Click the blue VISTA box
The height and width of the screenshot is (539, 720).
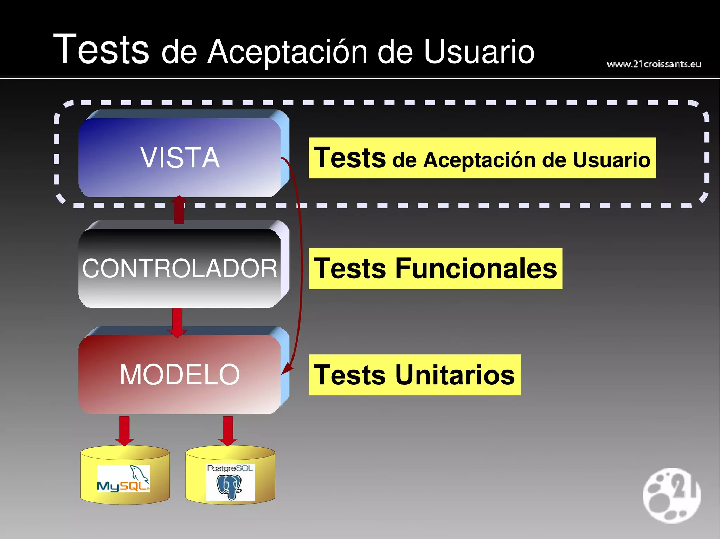[180, 157]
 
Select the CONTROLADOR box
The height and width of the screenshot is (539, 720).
[180, 268]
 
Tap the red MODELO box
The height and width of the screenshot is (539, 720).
[180, 374]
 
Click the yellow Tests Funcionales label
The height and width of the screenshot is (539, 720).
[435, 269]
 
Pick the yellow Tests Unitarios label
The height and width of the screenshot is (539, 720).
[414, 375]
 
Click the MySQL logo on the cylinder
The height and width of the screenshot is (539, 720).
[123, 478]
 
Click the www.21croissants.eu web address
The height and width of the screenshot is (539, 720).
[654, 64]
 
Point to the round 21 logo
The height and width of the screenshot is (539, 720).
[671, 495]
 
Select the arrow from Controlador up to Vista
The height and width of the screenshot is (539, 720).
[179, 210]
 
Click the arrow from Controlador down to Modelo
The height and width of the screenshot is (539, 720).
[177, 322]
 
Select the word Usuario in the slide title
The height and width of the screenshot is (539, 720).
[479, 52]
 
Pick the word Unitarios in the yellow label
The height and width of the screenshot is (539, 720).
[455, 375]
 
